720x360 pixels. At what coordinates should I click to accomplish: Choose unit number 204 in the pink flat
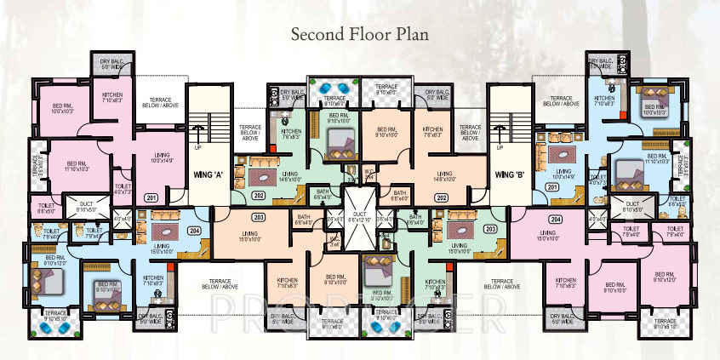[x=555, y=219]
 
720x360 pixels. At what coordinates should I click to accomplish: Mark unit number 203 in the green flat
[x=489, y=230]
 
